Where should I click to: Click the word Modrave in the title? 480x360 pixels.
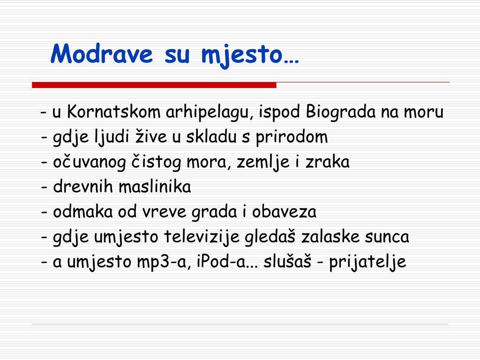(x=102, y=54)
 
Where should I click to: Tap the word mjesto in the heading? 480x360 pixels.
(x=241, y=56)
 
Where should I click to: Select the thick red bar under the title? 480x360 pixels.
(x=154, y=85)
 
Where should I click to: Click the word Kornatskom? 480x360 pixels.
(x=113, y=111)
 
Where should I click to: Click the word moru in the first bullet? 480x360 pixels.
(x=424, y=112)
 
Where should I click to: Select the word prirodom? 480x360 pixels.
(x=292, y=137)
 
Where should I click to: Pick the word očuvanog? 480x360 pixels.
(x=90, y=162)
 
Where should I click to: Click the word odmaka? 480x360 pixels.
(x=83, y=211)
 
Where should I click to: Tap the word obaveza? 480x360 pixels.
(x=284, y=211)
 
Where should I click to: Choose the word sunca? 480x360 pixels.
(x=387, y=237)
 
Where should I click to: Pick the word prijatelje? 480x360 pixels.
(x=367, y=262)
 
